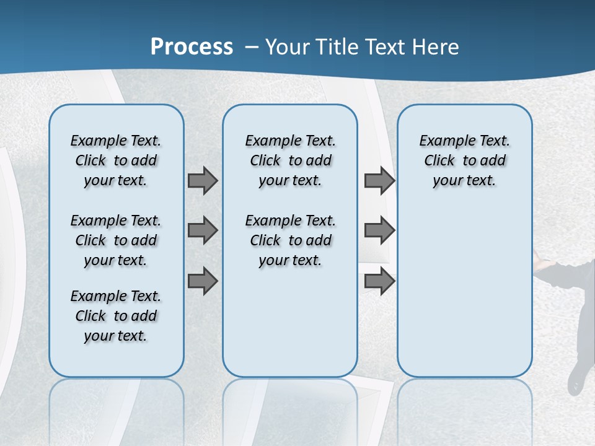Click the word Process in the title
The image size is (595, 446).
coord(192,46)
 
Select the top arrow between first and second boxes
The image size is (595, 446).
coord(203,180)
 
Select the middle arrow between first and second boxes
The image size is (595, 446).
coord(203,230)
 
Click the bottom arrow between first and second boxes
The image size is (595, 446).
coord(203,281)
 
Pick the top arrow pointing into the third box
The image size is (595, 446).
coord(379,180)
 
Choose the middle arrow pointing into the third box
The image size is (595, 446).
coord(379,230)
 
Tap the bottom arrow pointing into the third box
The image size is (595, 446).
coord(379,281)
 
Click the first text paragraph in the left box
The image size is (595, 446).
coord(116,160)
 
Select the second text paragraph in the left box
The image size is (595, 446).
coord(116,240)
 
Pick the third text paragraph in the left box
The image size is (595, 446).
coord(116,316)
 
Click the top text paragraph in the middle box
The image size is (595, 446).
coord(290,160)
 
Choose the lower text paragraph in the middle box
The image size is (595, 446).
coord(290,240)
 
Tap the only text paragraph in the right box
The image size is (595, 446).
coord(464,160)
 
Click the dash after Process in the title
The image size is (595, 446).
coord(252,47)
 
